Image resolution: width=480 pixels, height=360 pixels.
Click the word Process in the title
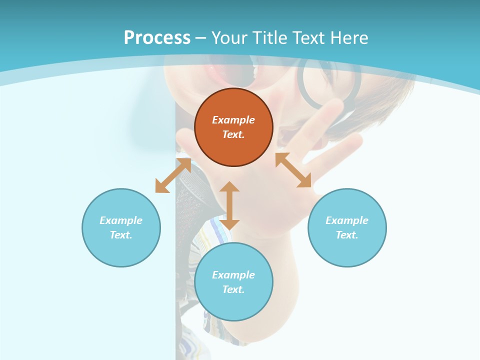157,38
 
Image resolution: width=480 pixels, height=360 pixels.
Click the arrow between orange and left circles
173,175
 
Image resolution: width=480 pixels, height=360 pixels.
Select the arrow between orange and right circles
293,170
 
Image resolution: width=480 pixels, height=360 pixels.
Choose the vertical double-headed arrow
229,205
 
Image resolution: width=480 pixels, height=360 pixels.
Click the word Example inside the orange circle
233,120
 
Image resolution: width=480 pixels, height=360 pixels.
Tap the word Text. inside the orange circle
233,134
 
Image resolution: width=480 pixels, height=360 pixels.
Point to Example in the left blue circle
121,220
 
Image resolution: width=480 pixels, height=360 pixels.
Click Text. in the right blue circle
347,235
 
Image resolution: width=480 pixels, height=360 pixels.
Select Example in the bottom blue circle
233,275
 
